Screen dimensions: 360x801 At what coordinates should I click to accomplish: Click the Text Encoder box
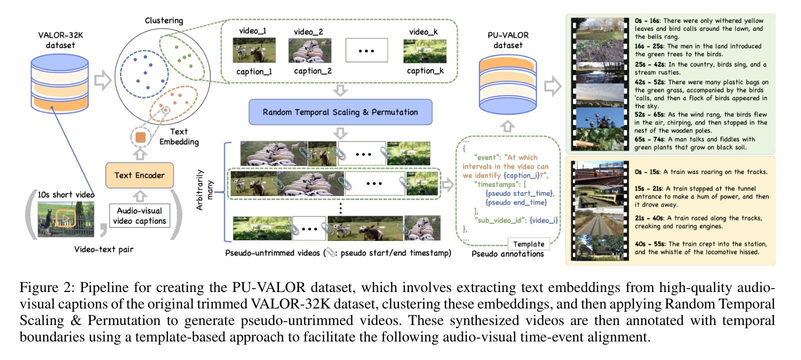139,175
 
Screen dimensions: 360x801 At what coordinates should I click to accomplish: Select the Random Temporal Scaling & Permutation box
340,112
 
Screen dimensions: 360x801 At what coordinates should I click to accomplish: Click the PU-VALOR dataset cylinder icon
507,83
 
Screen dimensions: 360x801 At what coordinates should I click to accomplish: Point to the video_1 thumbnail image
254,50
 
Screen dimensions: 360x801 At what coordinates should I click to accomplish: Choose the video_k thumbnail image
424,51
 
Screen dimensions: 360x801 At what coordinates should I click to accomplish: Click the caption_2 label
312,71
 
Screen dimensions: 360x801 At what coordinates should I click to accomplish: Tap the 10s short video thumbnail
65,218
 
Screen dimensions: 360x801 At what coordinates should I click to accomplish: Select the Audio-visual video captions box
139,216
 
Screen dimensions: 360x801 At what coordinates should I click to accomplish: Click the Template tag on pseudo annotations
528,244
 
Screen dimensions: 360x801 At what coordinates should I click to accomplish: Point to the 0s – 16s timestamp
647,21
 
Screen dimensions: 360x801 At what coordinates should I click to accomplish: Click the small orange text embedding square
140,137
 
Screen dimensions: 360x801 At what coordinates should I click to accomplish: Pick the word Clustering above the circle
164,20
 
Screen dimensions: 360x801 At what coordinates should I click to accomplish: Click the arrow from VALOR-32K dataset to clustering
102,80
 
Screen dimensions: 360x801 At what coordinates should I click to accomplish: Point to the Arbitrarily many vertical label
205,190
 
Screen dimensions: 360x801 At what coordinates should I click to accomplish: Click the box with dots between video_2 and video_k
366,50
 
